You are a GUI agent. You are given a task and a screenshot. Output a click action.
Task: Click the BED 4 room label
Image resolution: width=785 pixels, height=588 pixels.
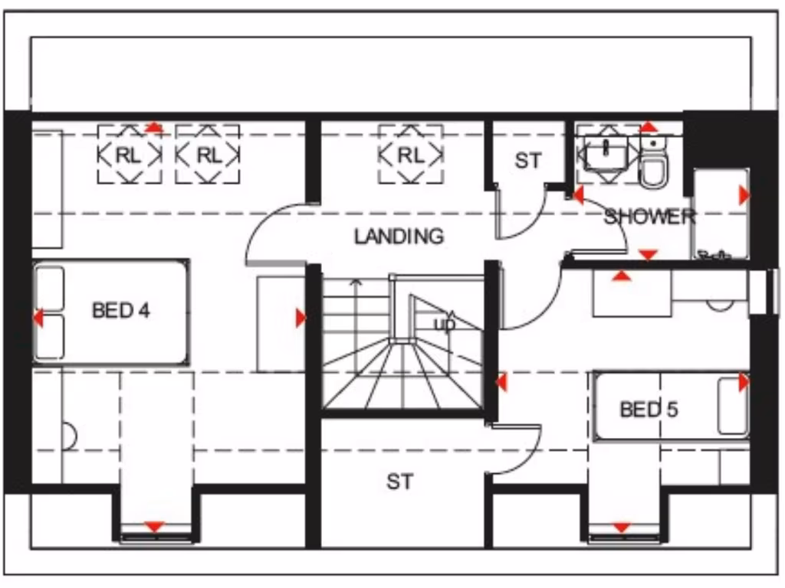click(120, 311)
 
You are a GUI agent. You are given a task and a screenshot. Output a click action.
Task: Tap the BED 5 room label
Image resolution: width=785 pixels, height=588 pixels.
click(649, 410)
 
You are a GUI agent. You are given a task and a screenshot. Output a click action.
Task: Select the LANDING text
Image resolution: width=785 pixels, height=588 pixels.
click(399, 237)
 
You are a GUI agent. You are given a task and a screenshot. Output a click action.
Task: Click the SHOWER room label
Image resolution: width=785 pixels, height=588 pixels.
click(649, 217)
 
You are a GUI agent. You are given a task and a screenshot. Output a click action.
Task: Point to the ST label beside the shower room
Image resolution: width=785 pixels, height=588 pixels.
click(527, 162)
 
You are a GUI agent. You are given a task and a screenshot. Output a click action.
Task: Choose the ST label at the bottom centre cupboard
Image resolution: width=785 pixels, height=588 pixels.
click(399, 482)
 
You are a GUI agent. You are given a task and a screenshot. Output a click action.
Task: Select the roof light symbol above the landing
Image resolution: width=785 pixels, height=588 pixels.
click(410, 155)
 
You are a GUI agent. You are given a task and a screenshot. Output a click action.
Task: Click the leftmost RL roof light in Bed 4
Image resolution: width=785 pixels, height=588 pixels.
click(129, 155)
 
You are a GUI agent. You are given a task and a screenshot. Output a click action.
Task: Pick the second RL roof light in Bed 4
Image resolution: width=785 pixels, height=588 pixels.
click(208, 155)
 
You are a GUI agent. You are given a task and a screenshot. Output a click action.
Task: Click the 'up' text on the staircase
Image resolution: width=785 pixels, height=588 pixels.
click(445, 324)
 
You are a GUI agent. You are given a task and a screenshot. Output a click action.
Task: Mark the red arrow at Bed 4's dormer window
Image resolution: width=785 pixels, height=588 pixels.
click(155, 526)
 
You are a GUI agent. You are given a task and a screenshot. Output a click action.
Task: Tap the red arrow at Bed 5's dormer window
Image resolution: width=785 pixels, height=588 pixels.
click(621, 527)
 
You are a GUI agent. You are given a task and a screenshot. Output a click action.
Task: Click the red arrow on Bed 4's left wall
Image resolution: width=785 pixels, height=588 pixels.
click(38, 318)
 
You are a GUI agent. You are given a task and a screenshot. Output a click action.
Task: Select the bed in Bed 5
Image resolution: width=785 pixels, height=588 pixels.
click(671, 406)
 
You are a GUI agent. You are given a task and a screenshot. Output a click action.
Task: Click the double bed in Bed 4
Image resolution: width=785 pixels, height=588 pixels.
click(111, 312)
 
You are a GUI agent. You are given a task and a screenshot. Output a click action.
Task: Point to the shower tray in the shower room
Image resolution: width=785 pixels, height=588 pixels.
click(720, 214)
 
